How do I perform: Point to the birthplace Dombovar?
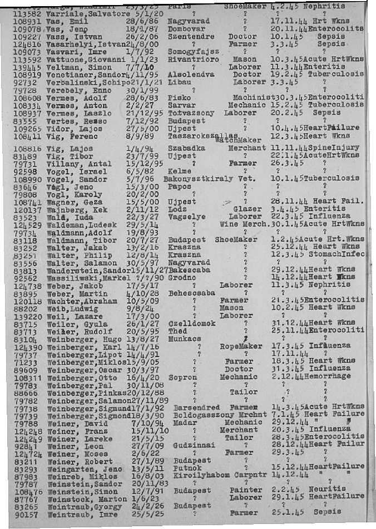tap(185, 33)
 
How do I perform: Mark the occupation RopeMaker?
tap(241, 346)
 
